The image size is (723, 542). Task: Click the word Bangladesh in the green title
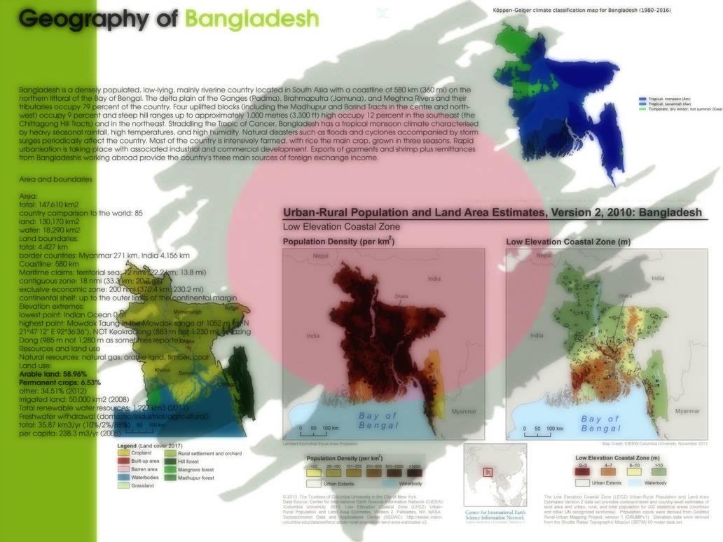click(x=252, y=19)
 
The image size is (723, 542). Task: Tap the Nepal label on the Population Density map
click(x=321, y=256)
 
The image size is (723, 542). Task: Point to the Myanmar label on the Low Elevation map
click(x=685, y=412)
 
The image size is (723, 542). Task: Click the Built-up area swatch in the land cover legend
click(x=123, y=461)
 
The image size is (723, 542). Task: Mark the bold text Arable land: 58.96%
click(x=53, y=375)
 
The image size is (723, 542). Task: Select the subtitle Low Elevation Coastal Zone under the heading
click(x=341, y=226)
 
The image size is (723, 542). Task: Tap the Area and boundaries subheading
click(x=55, y=179)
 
